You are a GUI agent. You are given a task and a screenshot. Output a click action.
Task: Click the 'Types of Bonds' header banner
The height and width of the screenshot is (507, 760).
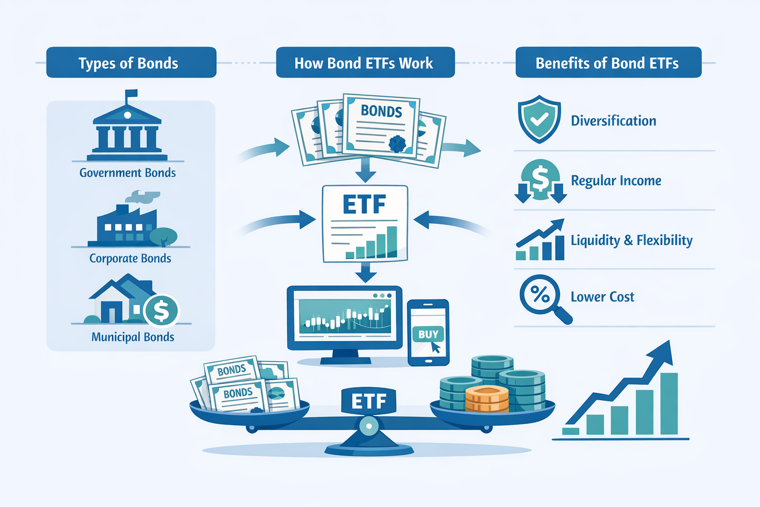(131, 63)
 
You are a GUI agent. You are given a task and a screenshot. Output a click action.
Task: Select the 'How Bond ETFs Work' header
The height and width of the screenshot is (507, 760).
(365, 63)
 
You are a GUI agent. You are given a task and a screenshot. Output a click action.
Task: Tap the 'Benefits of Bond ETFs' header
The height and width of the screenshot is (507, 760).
(608, 63)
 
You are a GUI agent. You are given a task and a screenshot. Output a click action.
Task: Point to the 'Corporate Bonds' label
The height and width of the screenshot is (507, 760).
(130, 258)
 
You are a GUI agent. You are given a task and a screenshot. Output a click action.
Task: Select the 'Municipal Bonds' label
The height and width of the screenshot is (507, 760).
(133, 337)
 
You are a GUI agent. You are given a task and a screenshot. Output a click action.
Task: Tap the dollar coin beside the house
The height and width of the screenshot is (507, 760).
(161, 311)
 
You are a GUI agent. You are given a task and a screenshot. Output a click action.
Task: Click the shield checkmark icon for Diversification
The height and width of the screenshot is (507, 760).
(539, 119)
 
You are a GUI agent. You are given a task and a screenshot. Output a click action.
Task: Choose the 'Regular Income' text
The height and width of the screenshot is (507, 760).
(616, 181)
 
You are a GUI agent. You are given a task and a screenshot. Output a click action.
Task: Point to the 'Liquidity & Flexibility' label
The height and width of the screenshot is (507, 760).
(631, 241)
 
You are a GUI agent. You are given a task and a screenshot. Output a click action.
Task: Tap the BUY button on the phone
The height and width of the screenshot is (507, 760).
(428, 335)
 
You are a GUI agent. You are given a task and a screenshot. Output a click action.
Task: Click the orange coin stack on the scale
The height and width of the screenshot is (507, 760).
(487, 399)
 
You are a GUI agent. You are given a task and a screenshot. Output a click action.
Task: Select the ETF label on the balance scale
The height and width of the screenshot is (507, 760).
(369, 401)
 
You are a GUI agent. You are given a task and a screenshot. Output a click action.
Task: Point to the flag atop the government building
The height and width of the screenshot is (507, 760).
(131, 94)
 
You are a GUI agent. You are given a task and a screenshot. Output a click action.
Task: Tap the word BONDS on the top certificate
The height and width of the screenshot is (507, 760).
(381, 111)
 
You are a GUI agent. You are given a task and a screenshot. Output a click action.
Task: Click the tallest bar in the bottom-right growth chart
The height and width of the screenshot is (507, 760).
(669, 404)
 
